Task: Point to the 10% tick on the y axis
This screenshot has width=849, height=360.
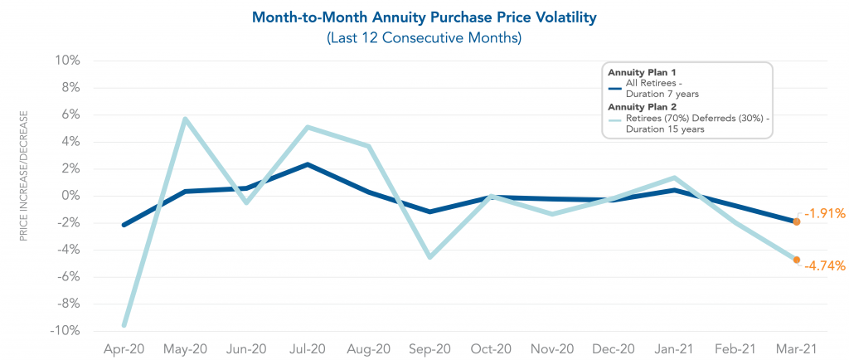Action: [68, 61]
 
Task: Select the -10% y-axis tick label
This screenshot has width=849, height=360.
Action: [65, 331]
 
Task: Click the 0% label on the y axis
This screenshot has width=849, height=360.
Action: [70, 196]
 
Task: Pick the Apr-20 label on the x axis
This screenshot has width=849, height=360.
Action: [124, 349]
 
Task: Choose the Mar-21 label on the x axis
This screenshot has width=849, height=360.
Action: [797, 349]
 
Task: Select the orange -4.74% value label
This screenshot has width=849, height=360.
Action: [823, 266]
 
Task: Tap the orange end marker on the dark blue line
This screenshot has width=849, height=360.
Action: [797, 221]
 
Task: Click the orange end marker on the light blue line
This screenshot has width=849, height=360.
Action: [797, 260]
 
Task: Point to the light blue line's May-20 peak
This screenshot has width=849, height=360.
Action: [185, 119]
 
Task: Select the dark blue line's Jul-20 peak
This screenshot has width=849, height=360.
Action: [308, 164]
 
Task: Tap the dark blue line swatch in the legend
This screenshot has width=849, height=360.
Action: [614, 89]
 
